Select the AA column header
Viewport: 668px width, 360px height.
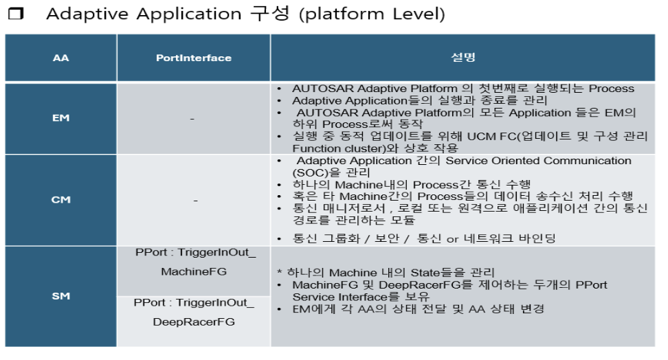tap(60, 58)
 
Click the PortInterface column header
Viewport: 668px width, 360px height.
tap(193, 58)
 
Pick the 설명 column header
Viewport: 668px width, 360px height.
tap(463, 58)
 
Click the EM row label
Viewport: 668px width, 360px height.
tap(60, 118)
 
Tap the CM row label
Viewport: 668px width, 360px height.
tap(60, 200)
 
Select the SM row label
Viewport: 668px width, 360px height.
tap(60, 296)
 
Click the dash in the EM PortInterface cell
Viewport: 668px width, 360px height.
tap(192, 119)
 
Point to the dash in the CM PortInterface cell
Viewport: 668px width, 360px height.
tap(196, 200)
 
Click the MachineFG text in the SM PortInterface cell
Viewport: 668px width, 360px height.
tap(194, 271)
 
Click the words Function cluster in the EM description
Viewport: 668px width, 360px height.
tap(335, 148)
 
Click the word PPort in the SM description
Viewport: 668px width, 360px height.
tap(592, 284)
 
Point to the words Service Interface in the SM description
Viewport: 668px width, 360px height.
tap(335, 296)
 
